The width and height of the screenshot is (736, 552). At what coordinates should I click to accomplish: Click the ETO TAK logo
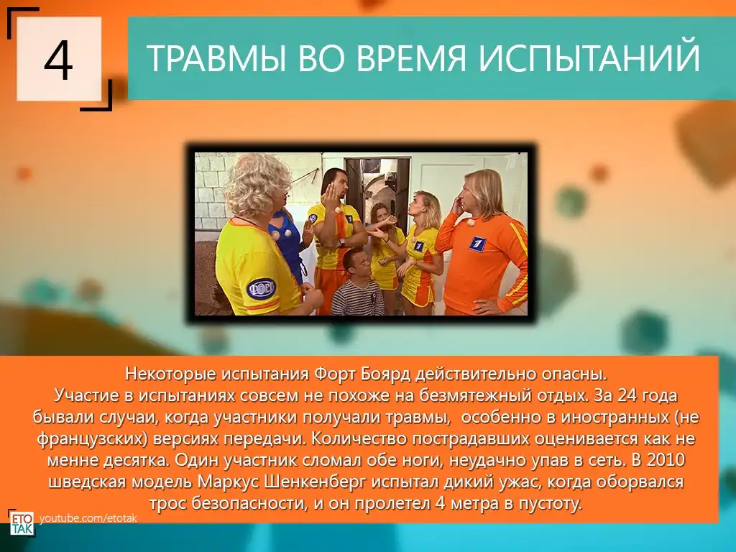pyautogui.click(x=22, y=523)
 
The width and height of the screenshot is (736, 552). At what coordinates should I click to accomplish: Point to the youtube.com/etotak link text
pyautogui.click(x=88, y=518)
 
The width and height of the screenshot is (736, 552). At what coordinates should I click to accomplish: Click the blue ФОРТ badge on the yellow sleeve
pyautogui.click(x=261, y=288)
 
